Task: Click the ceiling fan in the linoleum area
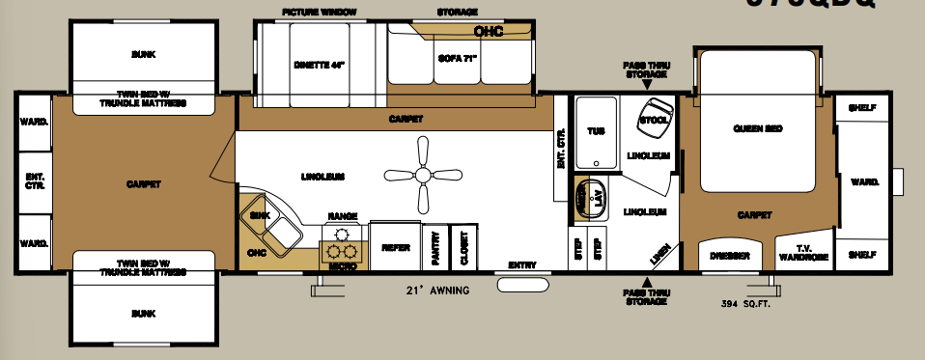(421, 176)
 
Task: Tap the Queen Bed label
(757, 128)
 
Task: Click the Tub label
(595, 131)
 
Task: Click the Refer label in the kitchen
(396, 248)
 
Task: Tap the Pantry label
(435, 248)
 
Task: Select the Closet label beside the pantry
(464, 248)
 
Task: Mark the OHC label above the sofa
(489, 31)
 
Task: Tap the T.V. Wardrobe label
(803, 253)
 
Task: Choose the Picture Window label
(320, 12)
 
